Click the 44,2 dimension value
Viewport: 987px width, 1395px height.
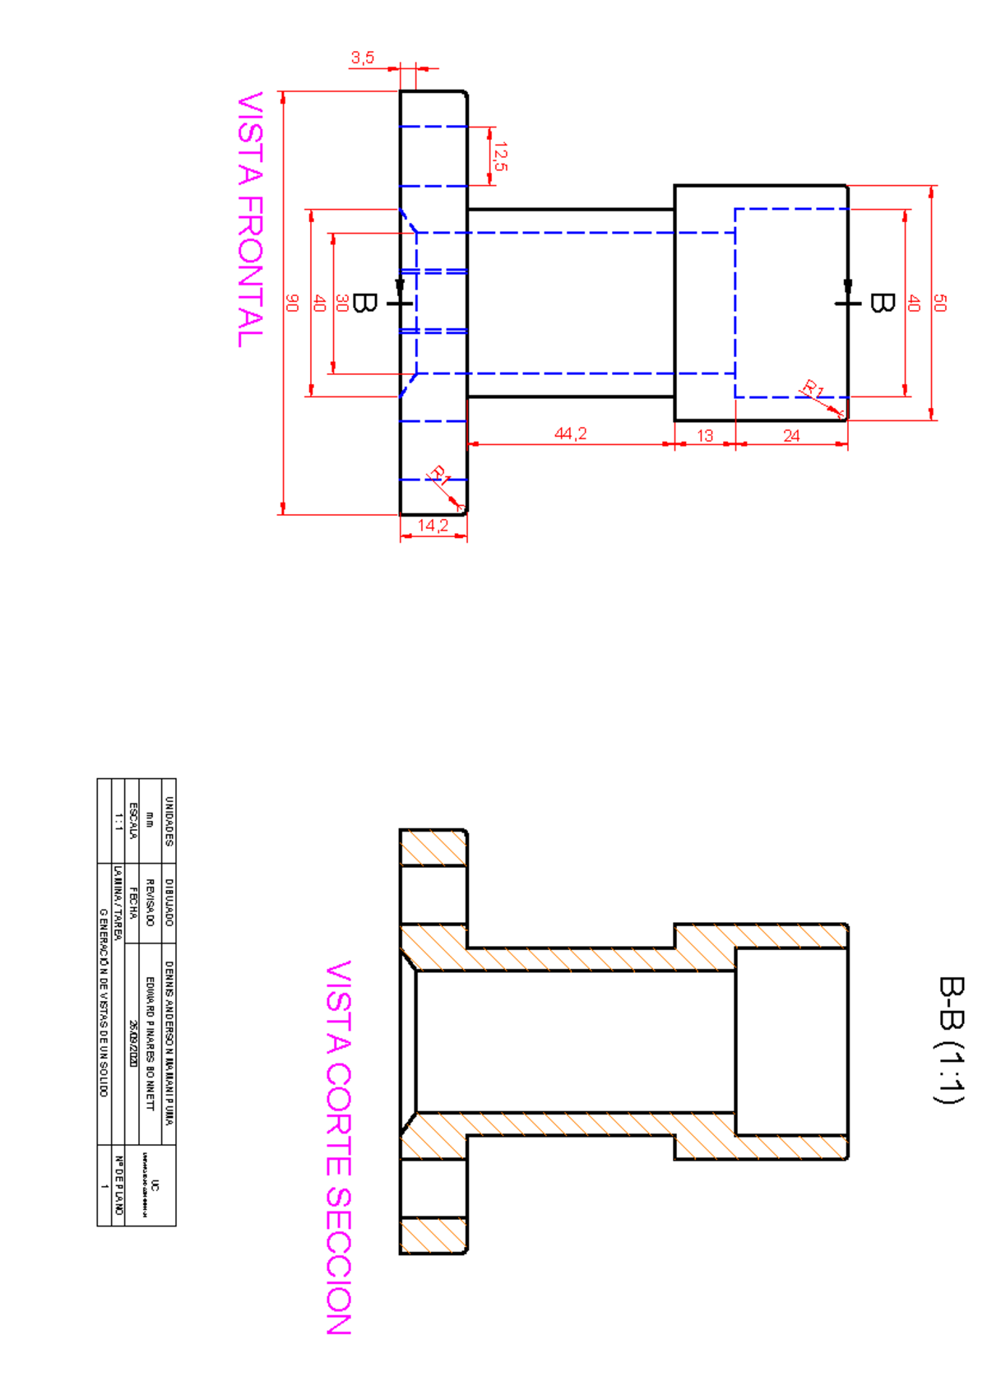tap(570, 433)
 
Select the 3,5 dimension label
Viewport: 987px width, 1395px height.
tap(363, 58)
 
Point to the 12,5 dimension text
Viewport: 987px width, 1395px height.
tap(500, 156)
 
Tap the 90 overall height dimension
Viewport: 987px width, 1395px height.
tap(292, 303)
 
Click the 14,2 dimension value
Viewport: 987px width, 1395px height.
tap(433, 526)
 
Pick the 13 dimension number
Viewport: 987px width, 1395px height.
tap(705, 435)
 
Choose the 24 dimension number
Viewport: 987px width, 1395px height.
tap(791, 435)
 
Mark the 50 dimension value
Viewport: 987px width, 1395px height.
tap(940, 303)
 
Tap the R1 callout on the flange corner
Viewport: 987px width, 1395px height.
tap(440, 475)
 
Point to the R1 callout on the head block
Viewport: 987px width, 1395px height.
tap(813, 388)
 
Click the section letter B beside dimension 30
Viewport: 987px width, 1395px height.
tap(364, 304)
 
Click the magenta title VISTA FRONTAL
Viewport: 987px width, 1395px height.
tap(251, 220)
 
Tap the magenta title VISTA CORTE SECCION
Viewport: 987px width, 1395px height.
tap(339, 1147)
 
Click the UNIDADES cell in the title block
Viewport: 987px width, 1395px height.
tap(169, 821)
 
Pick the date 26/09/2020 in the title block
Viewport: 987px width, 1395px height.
tap(133, 1044)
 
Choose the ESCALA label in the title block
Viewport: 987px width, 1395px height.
tap(133, 821)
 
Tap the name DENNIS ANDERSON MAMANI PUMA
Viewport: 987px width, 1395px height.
tap(169, 1043)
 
